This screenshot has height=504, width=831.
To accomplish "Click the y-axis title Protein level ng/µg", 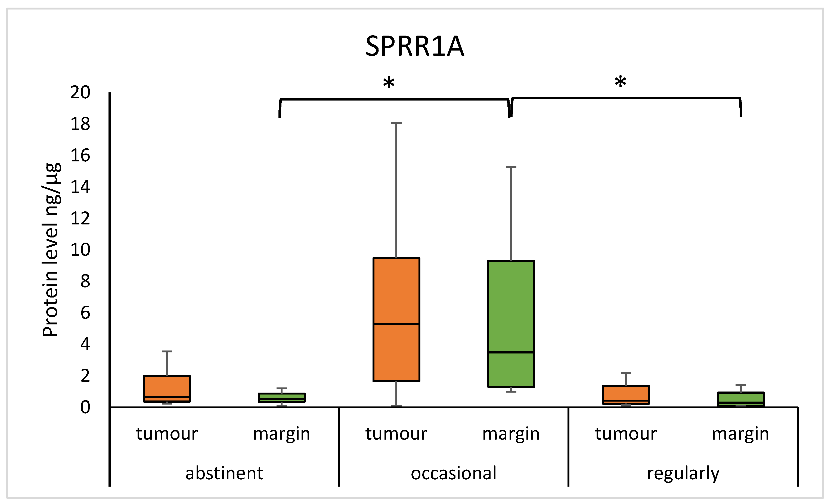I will click(x=51, y=250).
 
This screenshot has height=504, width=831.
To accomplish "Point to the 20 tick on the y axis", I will click(x=80, y=92).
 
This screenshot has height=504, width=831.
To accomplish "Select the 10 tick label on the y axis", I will click(x=80, y=250).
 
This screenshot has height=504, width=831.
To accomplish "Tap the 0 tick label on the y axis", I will click(x=85, y=407).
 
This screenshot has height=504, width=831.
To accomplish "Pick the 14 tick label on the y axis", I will click(x=80, y=187).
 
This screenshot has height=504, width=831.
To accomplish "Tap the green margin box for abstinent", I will click(x=282, y=397).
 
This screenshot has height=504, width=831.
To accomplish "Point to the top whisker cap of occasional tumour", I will click(x=396, y=123).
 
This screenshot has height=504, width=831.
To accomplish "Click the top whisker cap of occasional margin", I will click(x=511, y=167).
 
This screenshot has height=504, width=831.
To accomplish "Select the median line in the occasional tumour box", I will click(x=396, y=323).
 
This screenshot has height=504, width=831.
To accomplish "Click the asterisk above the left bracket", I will click(x=389, y=82).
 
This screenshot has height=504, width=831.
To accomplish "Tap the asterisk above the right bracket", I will click(x=621, y=81).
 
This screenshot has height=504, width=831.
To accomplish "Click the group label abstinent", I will click(x=224, y=473).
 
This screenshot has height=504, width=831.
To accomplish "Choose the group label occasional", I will click(x=454, y=473).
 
